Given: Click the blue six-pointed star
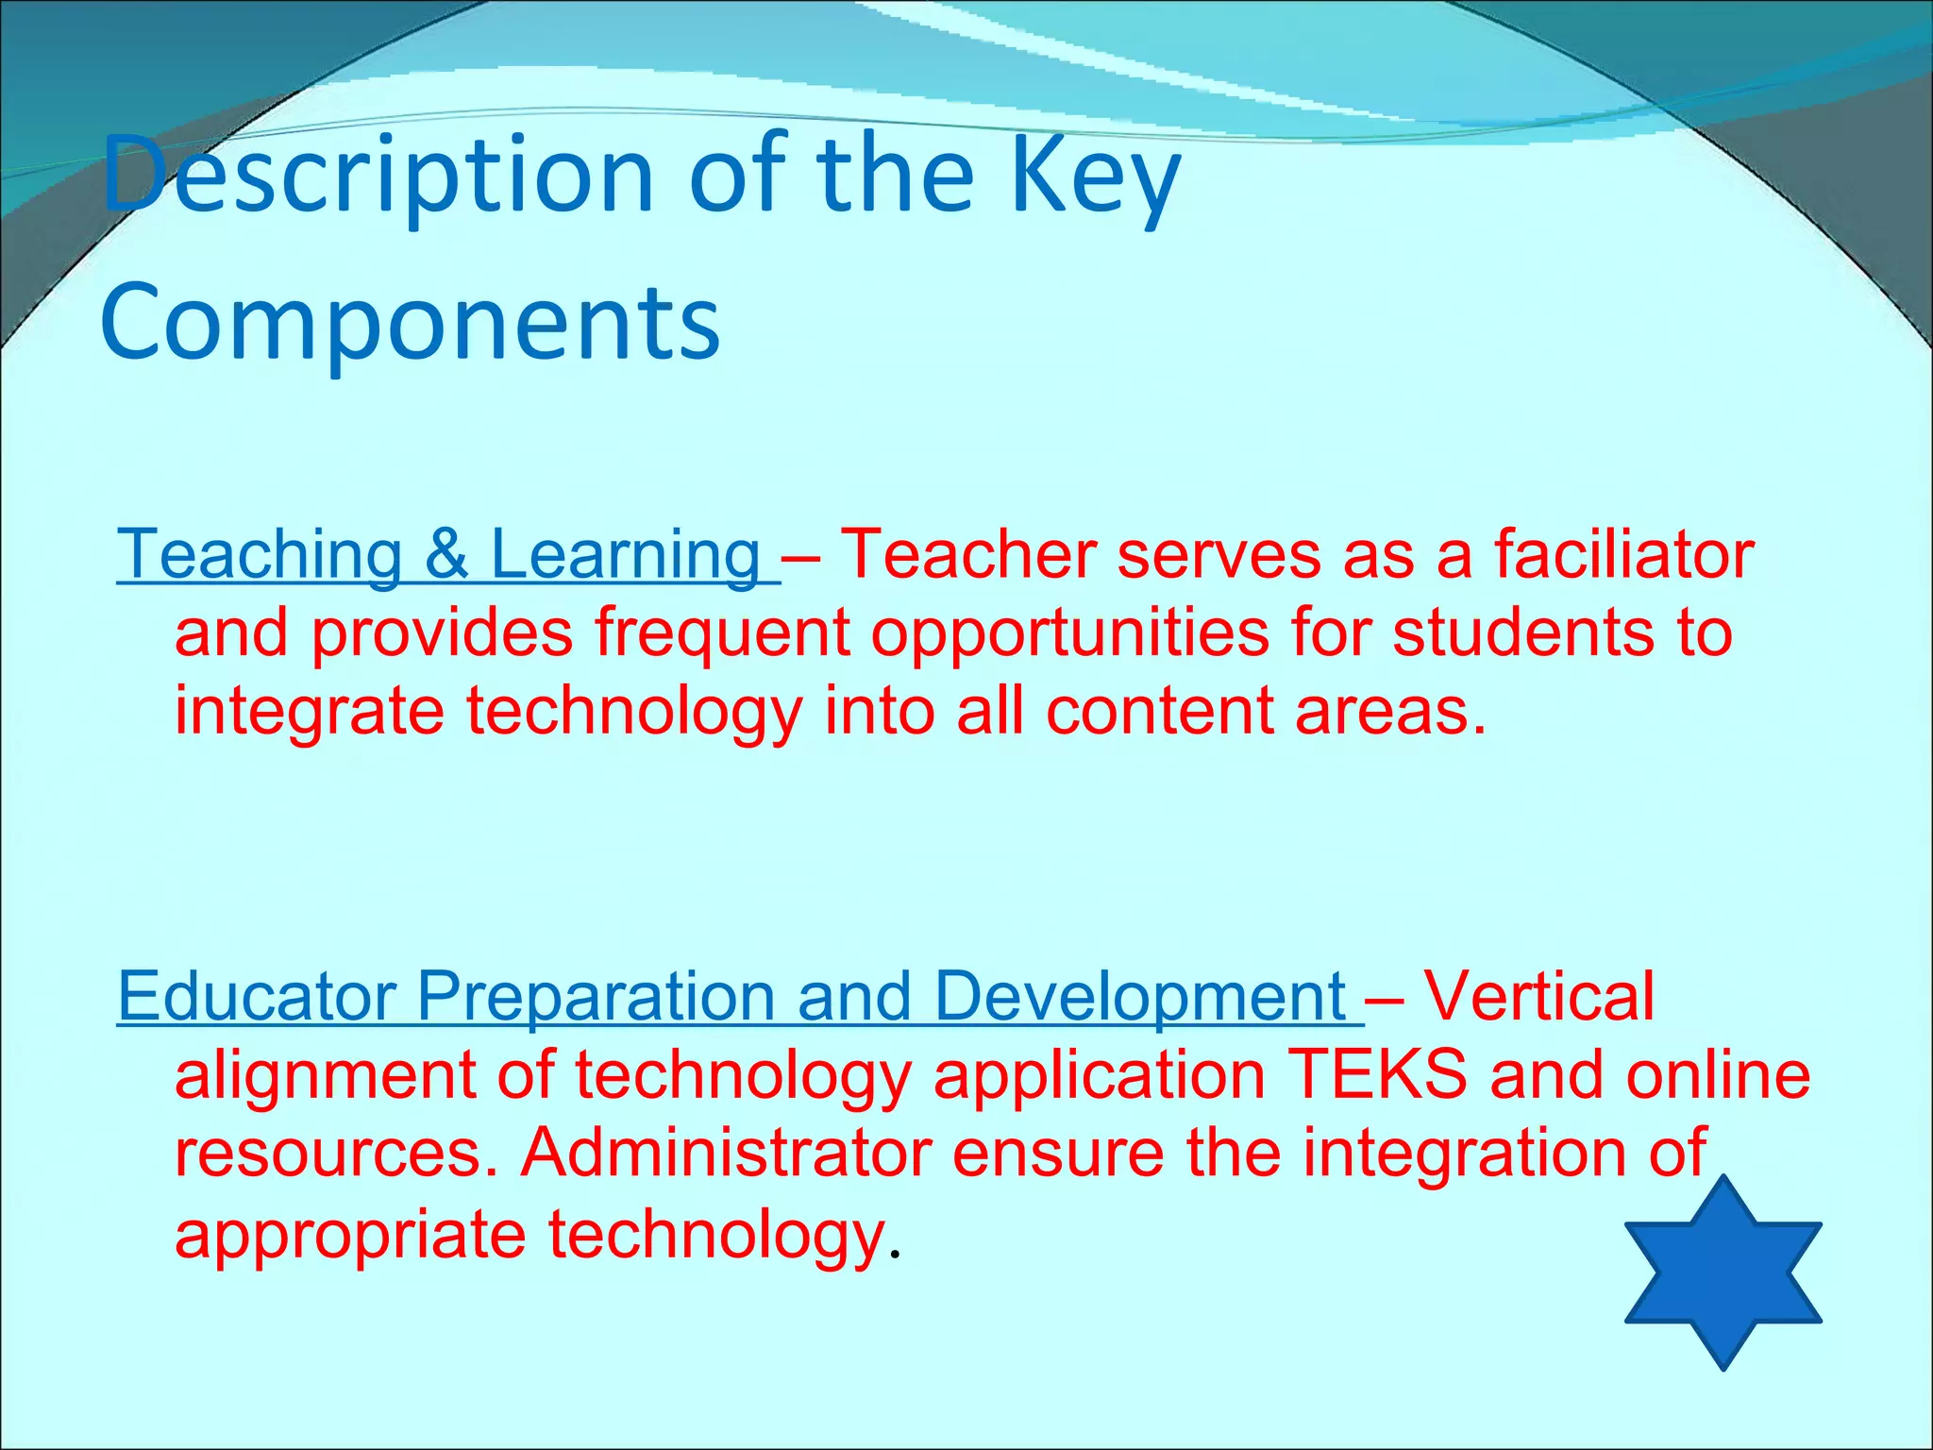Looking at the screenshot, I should [1723, 1273].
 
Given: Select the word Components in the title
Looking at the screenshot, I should [411, 323].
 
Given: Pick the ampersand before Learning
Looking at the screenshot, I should [446, 555].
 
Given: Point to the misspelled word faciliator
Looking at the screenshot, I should [1623, 555].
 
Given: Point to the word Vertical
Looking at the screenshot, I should [1538, 997].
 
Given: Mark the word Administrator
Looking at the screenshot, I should [726, 1154].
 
